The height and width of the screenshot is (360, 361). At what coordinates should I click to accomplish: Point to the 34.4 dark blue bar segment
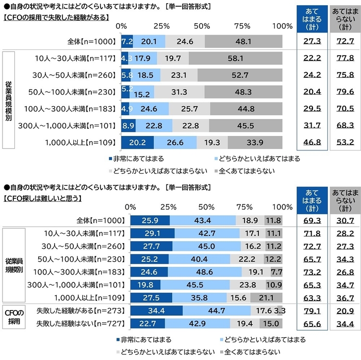[x=156, y=311]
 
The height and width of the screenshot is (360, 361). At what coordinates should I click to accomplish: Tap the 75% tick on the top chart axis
[x=242, y=26]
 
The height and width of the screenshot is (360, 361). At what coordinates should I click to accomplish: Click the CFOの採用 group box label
[x=13, y=317]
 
